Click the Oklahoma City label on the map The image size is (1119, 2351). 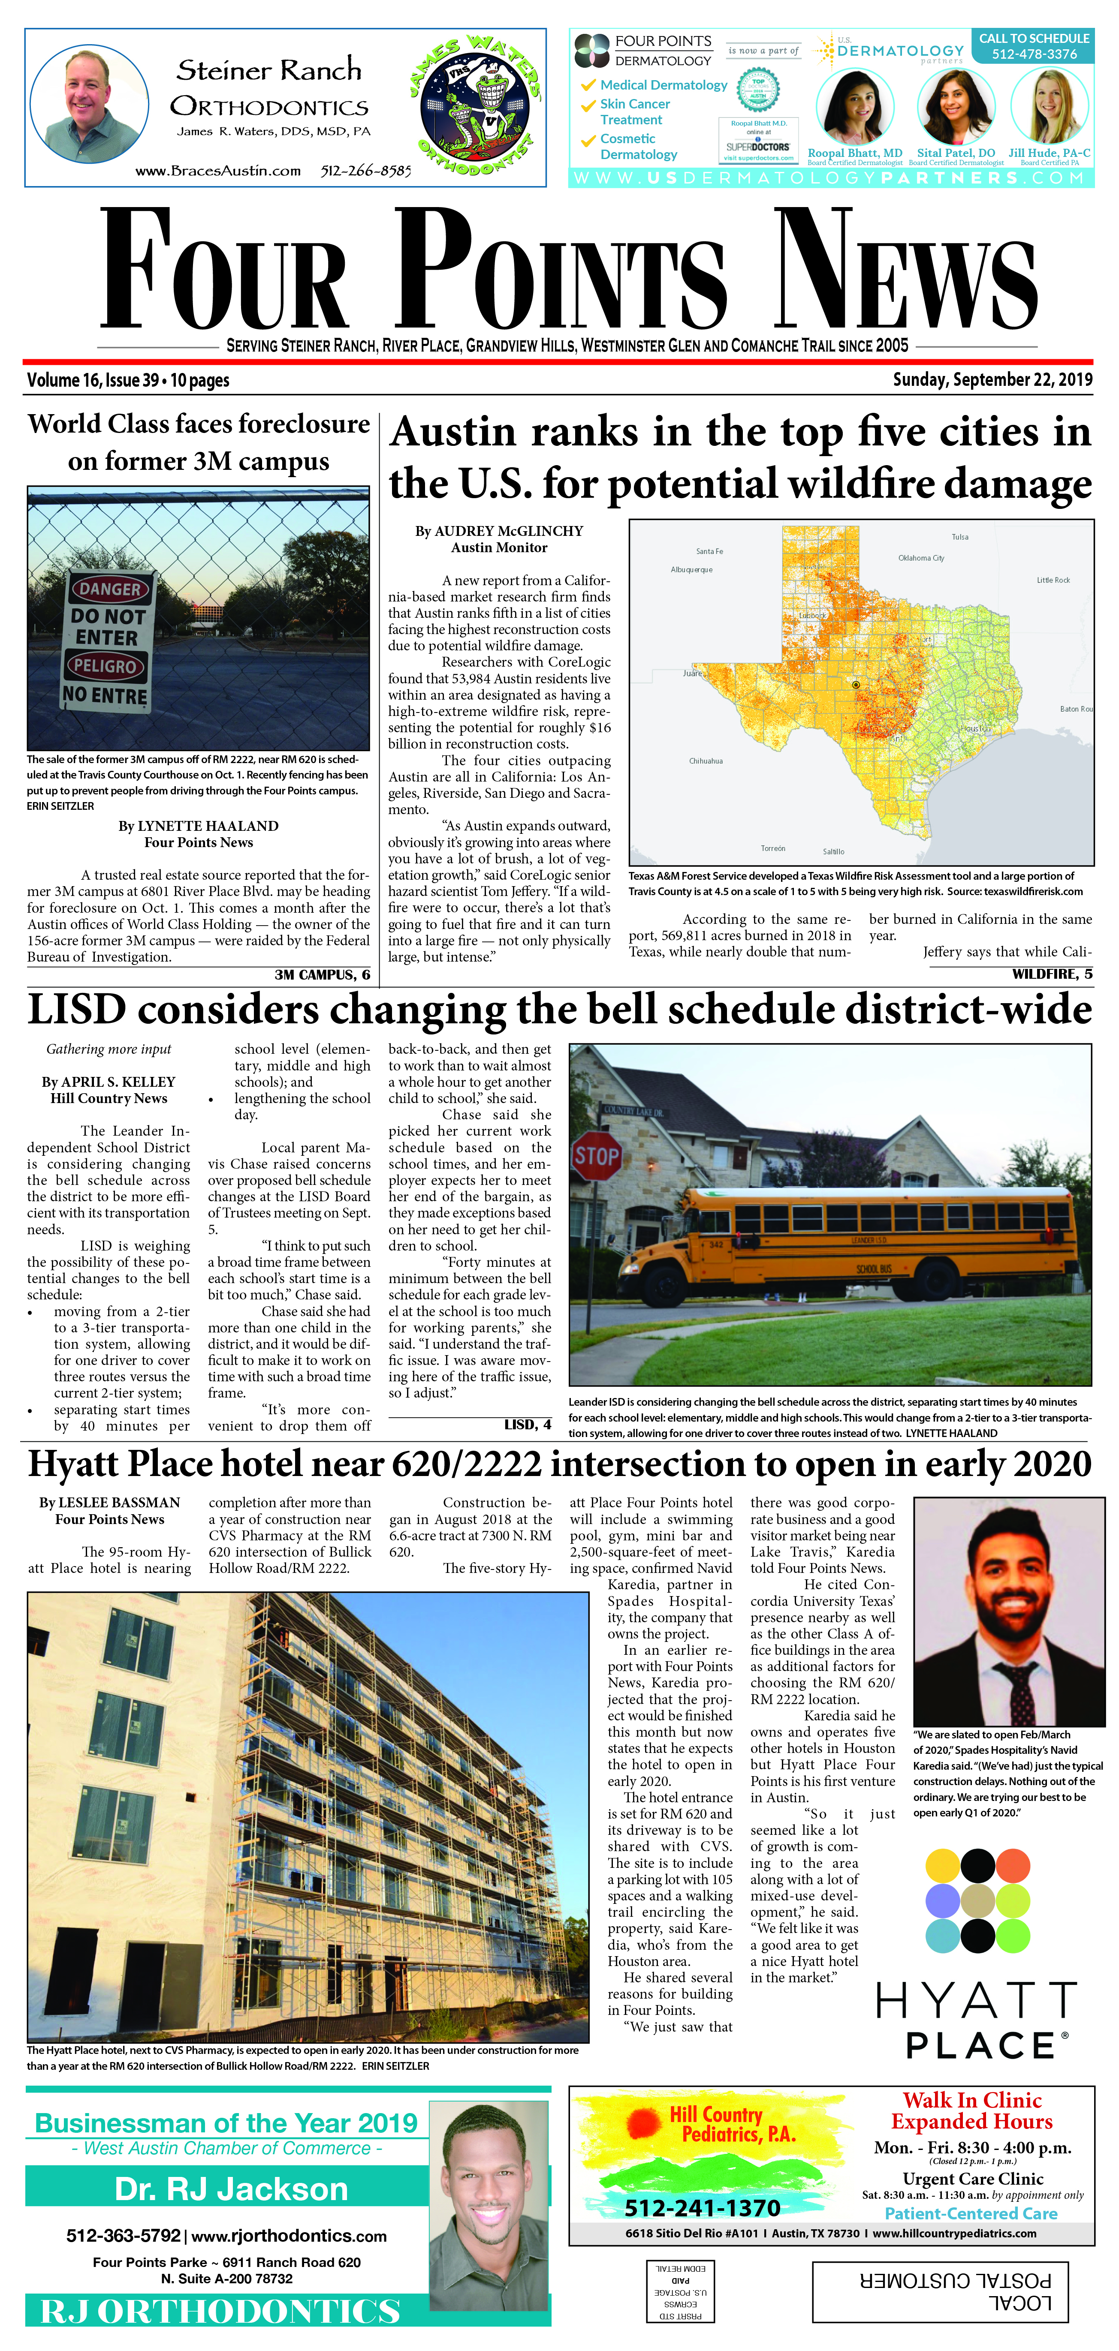tap(921, 558)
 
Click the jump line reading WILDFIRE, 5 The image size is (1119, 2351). tap(1052, 974)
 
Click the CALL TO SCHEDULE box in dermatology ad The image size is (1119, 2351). tap(1034, 45)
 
